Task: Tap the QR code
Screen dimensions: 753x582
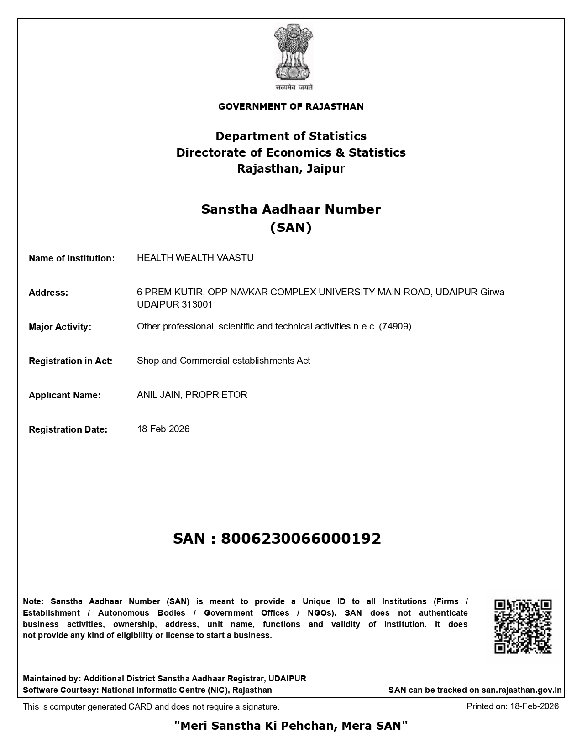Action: (x=523, y=626)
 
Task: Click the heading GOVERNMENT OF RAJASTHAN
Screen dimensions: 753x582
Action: (x=291, y=107)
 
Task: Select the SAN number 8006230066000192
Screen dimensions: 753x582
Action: (x=301, y=539)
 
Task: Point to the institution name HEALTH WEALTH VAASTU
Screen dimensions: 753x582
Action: (x=195, y=258)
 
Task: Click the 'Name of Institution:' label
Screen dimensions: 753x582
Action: (x=72, y=258)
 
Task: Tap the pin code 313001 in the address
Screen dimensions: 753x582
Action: (x=197, y=304)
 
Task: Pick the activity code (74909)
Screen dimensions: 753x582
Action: (x=395, y=326)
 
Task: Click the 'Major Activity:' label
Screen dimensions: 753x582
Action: (x=60, y=327)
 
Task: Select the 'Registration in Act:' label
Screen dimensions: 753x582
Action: (x=70, y=361)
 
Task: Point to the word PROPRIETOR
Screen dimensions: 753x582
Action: (x=216, y=395)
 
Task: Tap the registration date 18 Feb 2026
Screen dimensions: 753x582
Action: (x=163, y=429)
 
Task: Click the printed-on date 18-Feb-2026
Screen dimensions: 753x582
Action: (x=534, y=706)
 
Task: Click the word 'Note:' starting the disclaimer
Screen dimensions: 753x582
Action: (x=33, y=601)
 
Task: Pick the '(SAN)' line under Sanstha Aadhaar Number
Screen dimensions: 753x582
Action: (x=291, y=227)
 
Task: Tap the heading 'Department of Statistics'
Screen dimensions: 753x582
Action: (x=291, y=136)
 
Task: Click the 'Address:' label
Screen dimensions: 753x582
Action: (x=48, y=293)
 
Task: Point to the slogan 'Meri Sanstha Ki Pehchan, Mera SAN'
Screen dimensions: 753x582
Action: (x=291, y=725)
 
